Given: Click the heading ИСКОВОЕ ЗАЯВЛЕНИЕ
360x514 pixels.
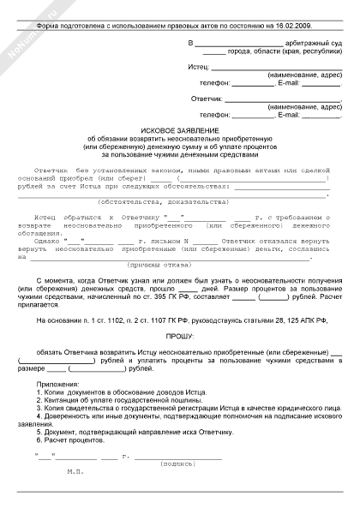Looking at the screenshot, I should point(179,128).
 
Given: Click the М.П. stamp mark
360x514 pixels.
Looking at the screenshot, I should point(76,495).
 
